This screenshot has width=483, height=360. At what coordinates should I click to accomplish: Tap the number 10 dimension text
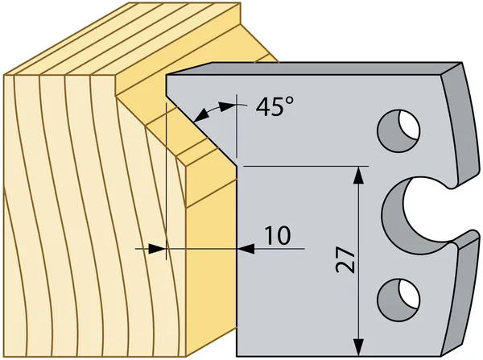click(278, 236)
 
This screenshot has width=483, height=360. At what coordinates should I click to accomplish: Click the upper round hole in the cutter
click(399, 130)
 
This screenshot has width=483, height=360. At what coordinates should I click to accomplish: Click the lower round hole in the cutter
click(399, 293)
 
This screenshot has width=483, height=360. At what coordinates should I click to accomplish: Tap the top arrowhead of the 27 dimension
click(358, 175)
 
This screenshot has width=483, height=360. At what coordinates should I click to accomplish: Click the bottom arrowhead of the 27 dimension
click(358, 347)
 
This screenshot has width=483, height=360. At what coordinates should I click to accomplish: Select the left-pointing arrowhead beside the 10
click(246, 248)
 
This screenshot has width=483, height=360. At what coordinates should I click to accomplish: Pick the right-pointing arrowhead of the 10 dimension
click(157, 248)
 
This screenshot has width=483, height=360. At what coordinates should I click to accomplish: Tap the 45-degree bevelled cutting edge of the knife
click(202, 130)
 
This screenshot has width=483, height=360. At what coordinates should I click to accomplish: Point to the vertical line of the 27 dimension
click(358, 262)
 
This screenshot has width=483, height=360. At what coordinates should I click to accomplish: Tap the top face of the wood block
click(123, 39)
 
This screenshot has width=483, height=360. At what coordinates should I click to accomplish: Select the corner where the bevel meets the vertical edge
click(237, 167)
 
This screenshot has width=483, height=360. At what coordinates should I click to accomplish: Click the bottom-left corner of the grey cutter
click(237, 356)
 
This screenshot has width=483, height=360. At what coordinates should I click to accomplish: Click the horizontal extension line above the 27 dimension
click(306, 166)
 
